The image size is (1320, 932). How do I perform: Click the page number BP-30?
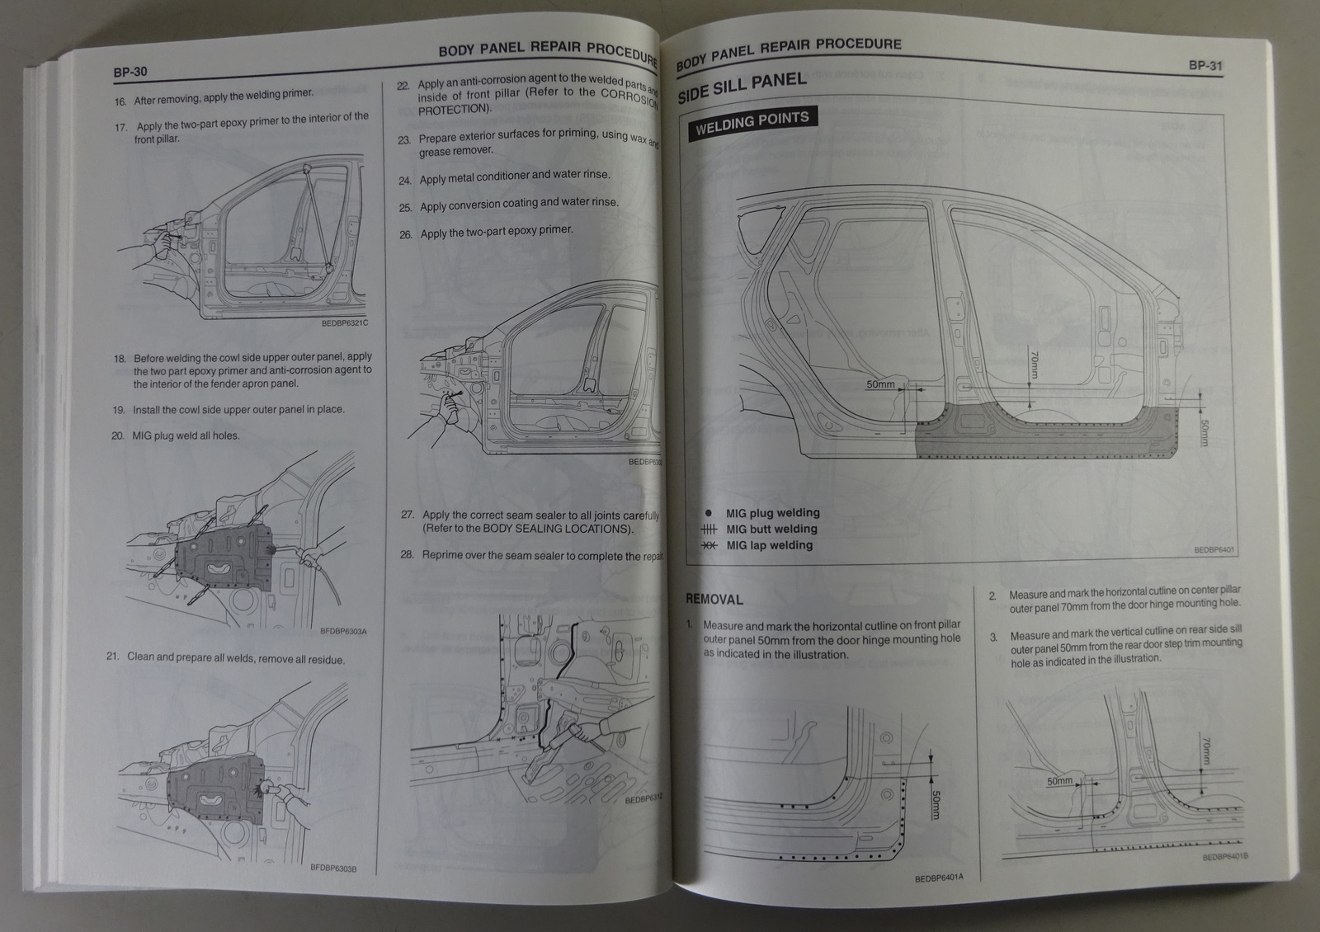(x=130, y=72)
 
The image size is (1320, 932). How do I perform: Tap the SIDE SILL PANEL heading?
(x=741, y=87)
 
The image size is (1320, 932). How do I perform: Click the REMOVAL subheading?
(x=714, y=600)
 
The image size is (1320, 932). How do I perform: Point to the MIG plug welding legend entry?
(x=772, y=513)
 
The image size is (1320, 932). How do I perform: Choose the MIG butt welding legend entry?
(x=771, y=530)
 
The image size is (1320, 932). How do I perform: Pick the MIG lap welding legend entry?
(x=768, y=545)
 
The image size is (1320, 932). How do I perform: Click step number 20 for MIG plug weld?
(x=118, y=435)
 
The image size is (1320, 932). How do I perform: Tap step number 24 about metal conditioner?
(x=404, y=180)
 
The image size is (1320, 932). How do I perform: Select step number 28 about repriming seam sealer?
(x=407, y=554)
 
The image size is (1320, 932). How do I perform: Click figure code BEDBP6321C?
(x=344, y=322)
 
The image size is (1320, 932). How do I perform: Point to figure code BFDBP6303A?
(x=342, y=632)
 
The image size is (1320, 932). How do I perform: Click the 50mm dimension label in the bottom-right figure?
(x=1060, y=780)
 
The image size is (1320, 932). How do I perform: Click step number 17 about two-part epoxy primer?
(x=121, y=127)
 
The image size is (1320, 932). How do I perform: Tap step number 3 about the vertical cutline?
(x=994, y=637)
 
